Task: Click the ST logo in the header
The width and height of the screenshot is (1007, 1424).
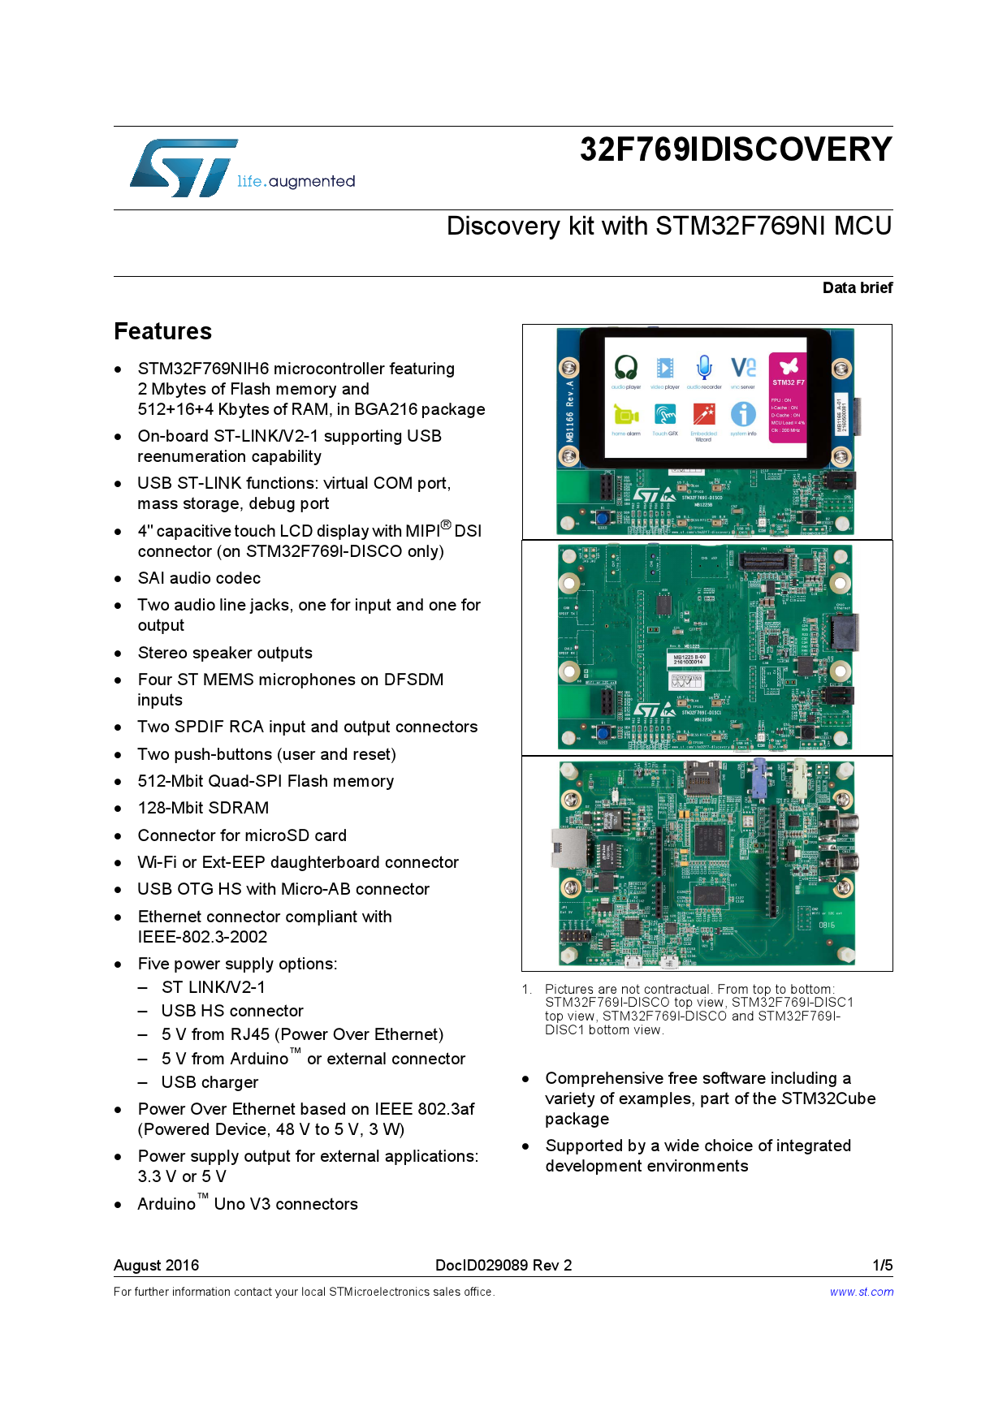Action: pyautogui.click(x=184, y=168)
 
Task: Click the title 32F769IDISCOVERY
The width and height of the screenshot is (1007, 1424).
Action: pyautogui.click(x=735, y=149)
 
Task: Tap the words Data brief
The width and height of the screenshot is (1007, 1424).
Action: pyautogui.click(x=857, y=288)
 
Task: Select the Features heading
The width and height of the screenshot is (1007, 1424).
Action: pyautogui.click(x=162, y=331)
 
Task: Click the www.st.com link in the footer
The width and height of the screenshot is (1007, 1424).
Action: pyautogui.click(x=861, y=1292)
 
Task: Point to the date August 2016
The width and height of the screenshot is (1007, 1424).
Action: pyautogui.click(x=156, y=1265)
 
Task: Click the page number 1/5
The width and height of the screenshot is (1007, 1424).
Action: pyautogui.click(x=882, y=1265)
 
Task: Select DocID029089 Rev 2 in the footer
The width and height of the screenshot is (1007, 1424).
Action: pyautogui.click(x=503, y=1265)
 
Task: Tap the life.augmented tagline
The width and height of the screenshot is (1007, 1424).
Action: pyautogui.click(x=296, y=181)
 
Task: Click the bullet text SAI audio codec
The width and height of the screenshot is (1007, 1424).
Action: pyautogui.click(x=199, y=578)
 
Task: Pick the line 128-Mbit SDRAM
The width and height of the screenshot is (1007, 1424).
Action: pyautogui.click(x=203, y=808)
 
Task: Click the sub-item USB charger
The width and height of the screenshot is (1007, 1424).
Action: pyautogui.click(x=210, y=1082)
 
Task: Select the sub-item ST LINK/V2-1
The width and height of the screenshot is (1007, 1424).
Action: pyautogui.click(x=213, y=987)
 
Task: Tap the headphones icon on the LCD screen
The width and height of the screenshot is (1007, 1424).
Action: pyautogui.click(x=625, y=368)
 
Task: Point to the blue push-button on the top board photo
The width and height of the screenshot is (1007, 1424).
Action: pyautogui.click(x=603, y=518)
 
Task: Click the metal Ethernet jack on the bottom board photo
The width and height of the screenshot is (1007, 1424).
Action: pyautogui.click(x=570, y=848)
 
